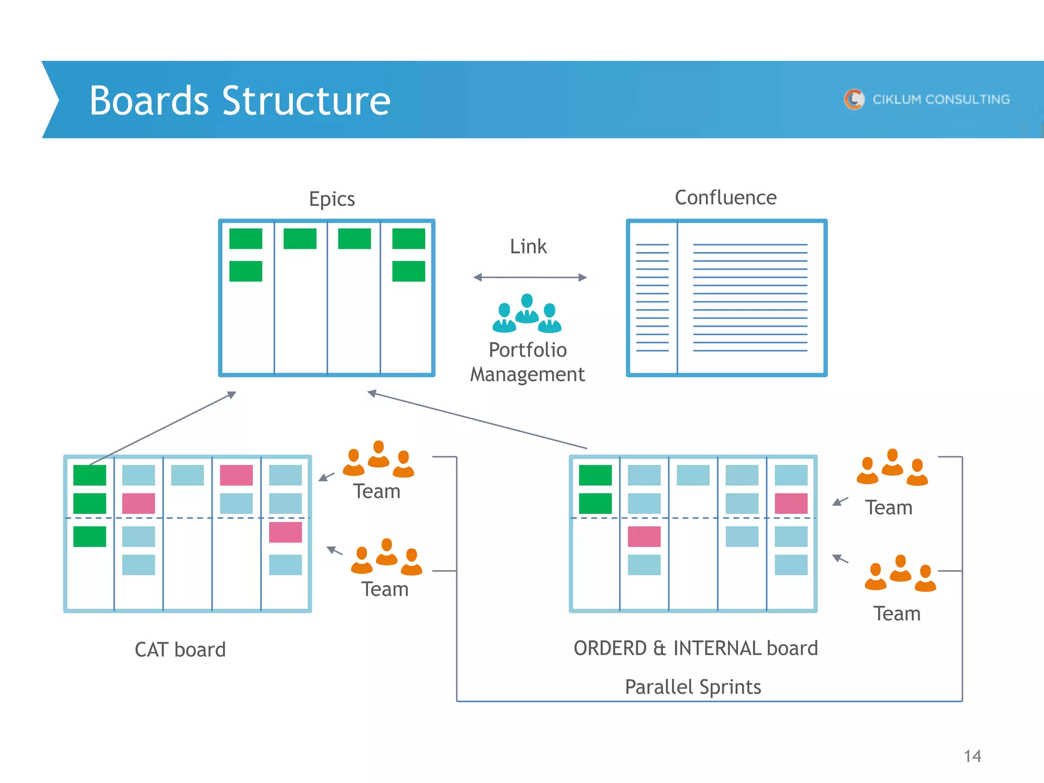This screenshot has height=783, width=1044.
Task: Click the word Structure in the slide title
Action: pyautogui.click(x=306, y=101)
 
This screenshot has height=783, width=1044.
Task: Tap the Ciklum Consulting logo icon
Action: pyautogui.click(x=854, y=99)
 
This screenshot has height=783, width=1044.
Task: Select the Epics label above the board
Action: pyautogui.click(x=332, y=199)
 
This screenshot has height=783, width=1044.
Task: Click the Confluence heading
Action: pyautogui.click(x=725, y=198)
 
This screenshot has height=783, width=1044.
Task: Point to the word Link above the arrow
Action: pyautogui.click(x=528, y=247)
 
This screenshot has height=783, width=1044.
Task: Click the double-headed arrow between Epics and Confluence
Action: pyautogui.click(x=530, y=277)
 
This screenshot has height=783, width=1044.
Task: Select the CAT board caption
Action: pyautogui.click(x=180, y=649)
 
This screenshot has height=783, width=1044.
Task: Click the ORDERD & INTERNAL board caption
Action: pyautogui.click(x=695, y=648)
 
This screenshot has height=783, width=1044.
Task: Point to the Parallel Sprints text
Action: pyautogui.click(x=693, y=687)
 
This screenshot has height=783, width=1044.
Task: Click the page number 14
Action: pyautogui.click(x=972, y=756)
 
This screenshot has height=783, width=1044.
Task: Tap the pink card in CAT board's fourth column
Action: pyautogui.click(x=236, y=475)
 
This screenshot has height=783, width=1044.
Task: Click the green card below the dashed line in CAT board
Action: pyautogui.click(x=90, y=536)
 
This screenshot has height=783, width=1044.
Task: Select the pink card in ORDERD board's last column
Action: pyautogui.click(x=791, y=504)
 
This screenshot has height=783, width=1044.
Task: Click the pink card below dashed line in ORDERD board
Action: pyautogui.click(x=644, y=536)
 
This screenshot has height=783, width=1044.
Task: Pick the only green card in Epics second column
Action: pyautogui.click(x=300, y=239)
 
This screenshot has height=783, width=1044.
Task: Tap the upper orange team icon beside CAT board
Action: pyautogui.click(x=378, y=459)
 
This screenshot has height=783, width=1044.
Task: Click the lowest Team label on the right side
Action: pyautogui.click(x=897, y=614)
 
